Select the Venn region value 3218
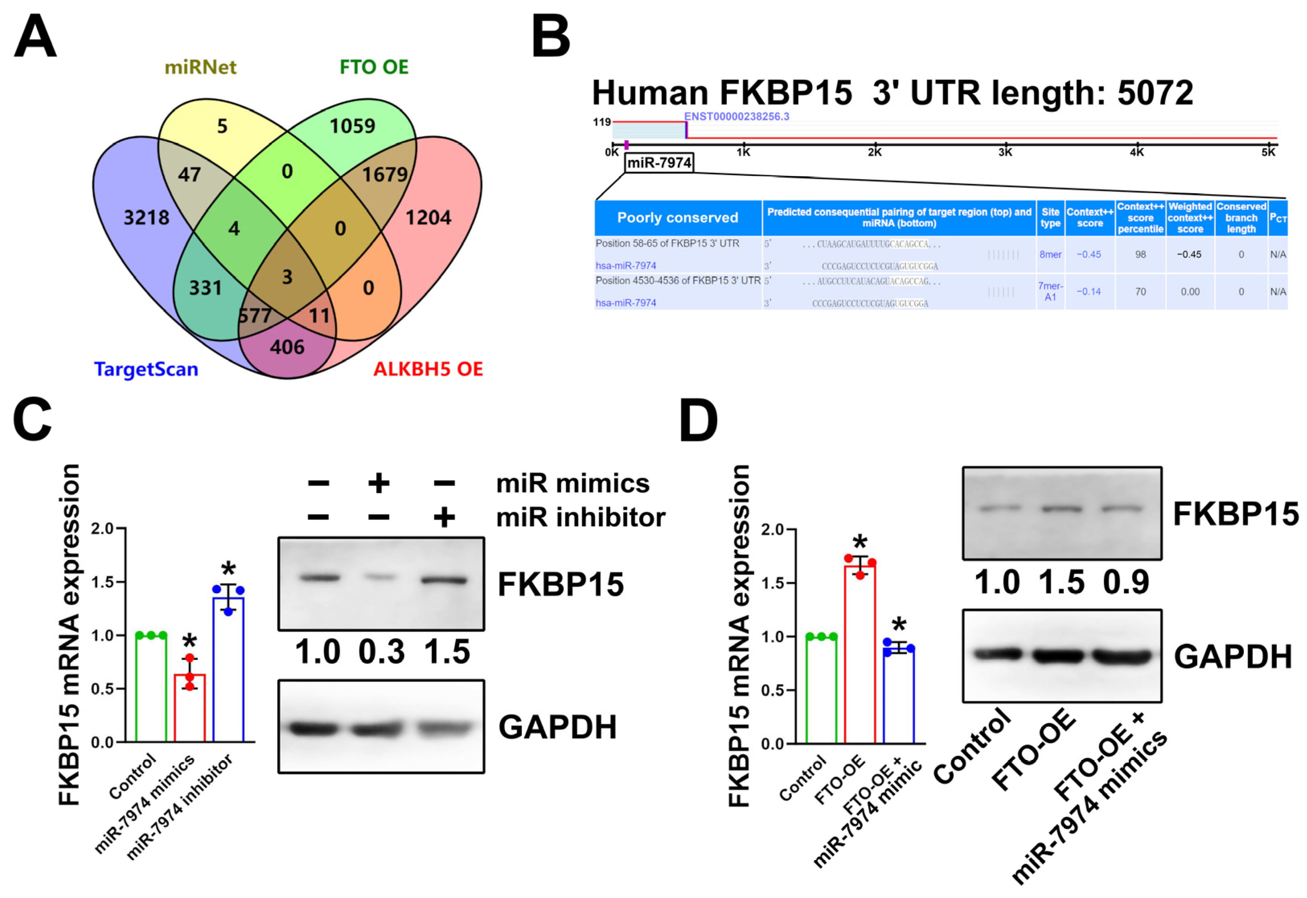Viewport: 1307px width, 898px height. [146, 217]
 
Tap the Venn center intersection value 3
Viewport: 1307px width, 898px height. [287, 277]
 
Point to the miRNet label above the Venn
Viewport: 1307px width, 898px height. [200, 67]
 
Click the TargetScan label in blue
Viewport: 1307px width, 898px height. [146, 369]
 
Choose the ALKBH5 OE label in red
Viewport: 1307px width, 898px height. [428, 369]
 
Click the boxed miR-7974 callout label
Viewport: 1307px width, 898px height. [659, 163]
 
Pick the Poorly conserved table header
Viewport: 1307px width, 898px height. [678, 218]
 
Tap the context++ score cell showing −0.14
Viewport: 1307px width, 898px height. [1089, 291]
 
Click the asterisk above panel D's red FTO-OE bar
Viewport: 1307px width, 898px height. [860, 542]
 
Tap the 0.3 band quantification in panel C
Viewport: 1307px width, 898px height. [382, 652]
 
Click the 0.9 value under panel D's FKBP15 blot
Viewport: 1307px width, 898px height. [1126, 582]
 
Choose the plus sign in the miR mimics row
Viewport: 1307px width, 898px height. [379, 483]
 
